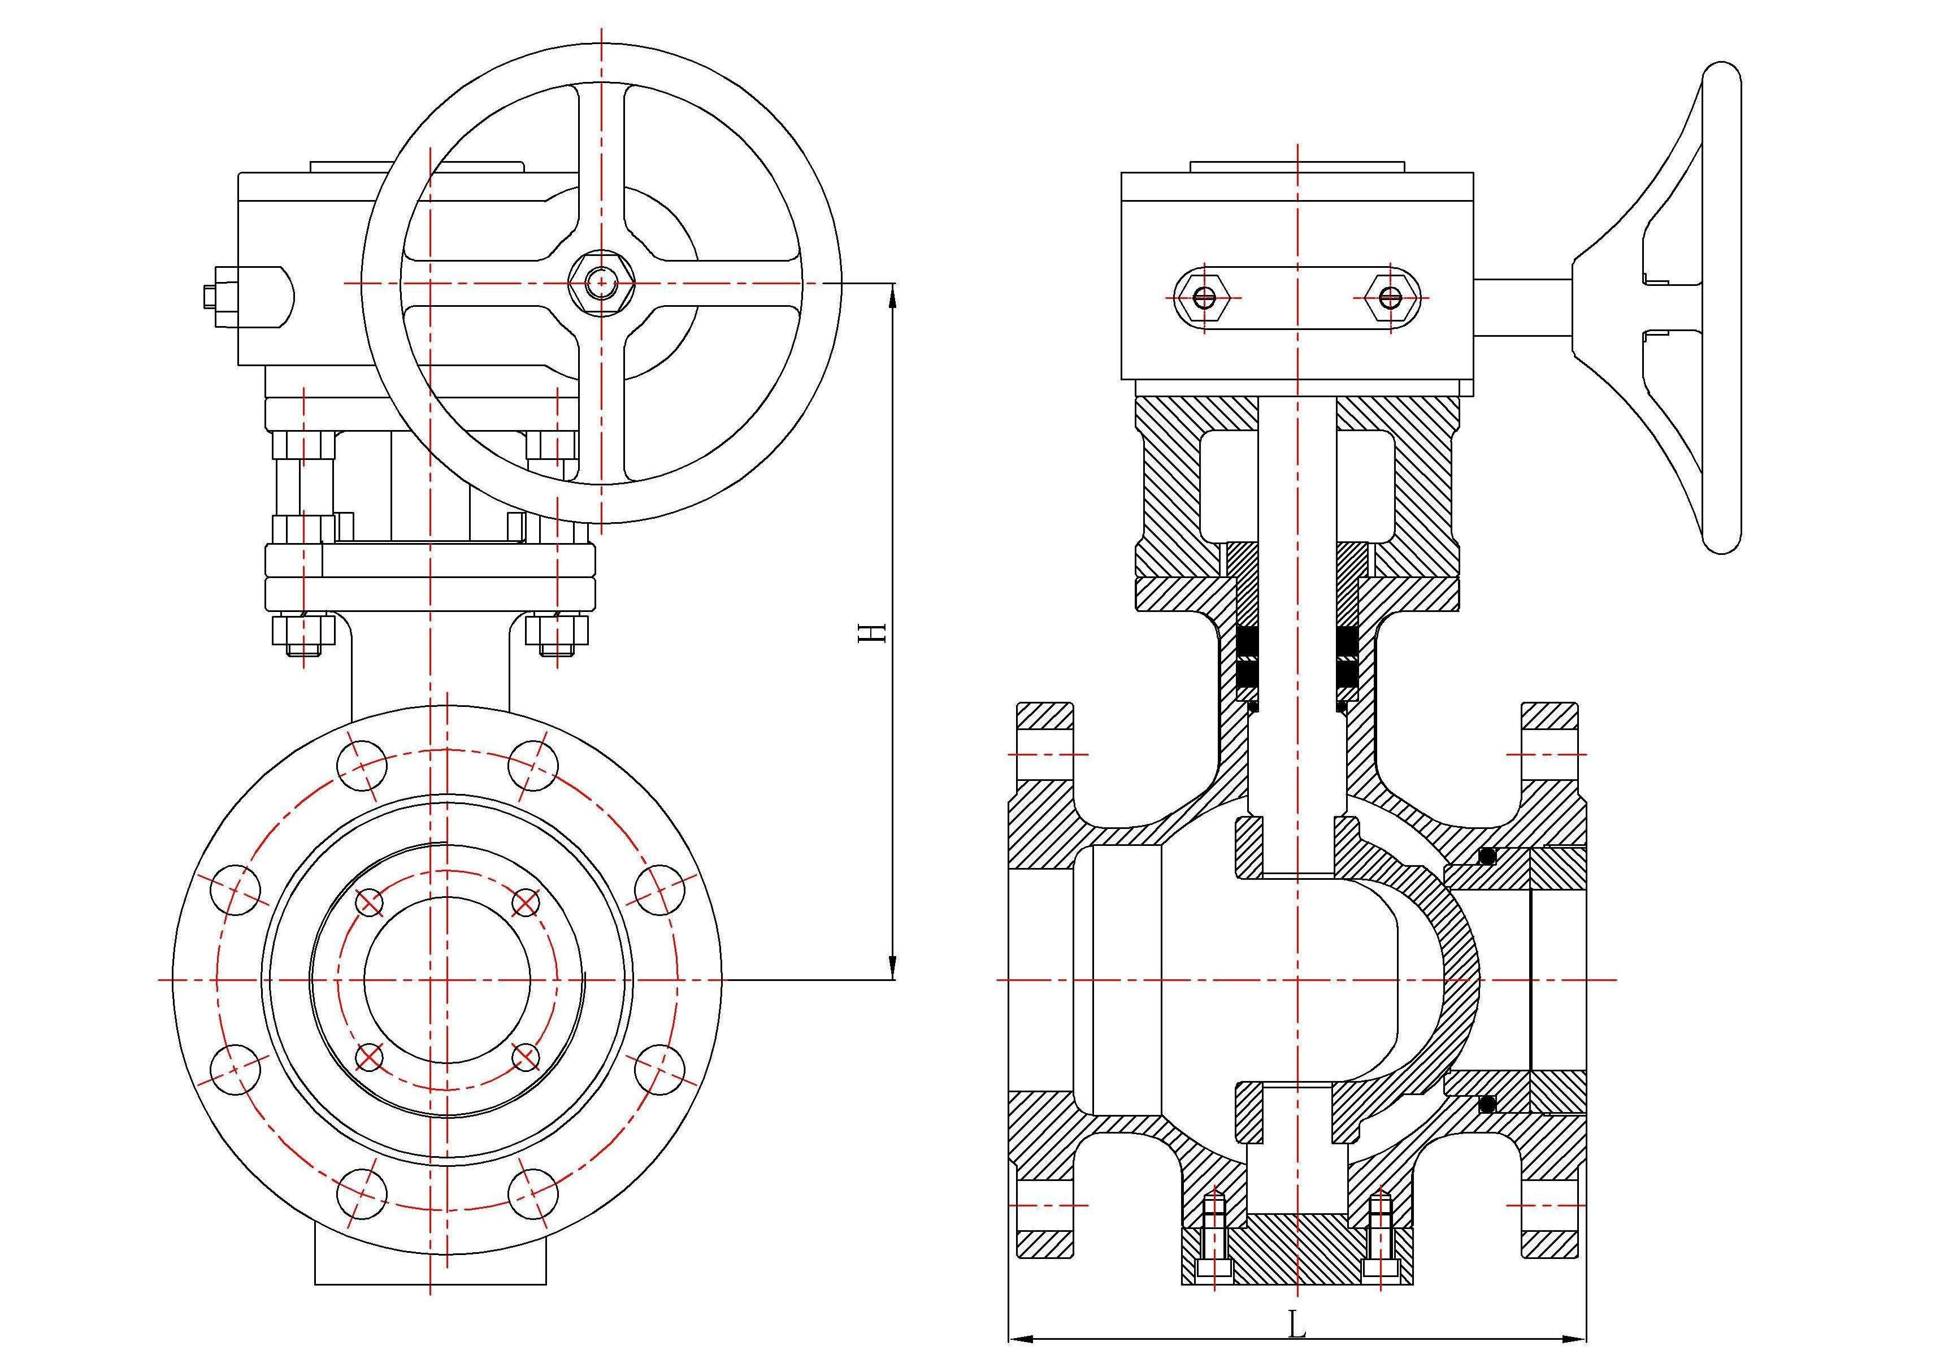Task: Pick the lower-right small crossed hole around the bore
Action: (x=525, y=1057)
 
